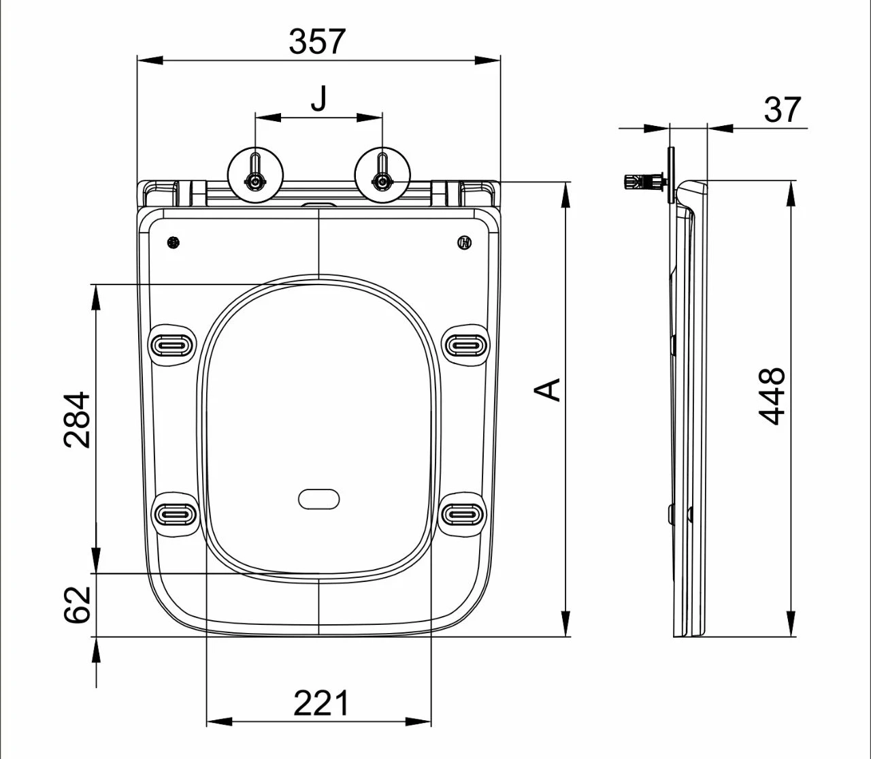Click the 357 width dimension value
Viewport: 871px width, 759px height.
pos(316,42)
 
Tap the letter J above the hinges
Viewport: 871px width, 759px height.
pos(319,98)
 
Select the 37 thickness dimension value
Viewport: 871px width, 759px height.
pos(783,110)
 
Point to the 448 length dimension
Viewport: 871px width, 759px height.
pos(772,396)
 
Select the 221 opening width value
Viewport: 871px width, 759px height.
pos(321,703)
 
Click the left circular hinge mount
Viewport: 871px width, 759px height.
pos(255,176)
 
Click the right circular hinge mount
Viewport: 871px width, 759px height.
pos(382,176)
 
